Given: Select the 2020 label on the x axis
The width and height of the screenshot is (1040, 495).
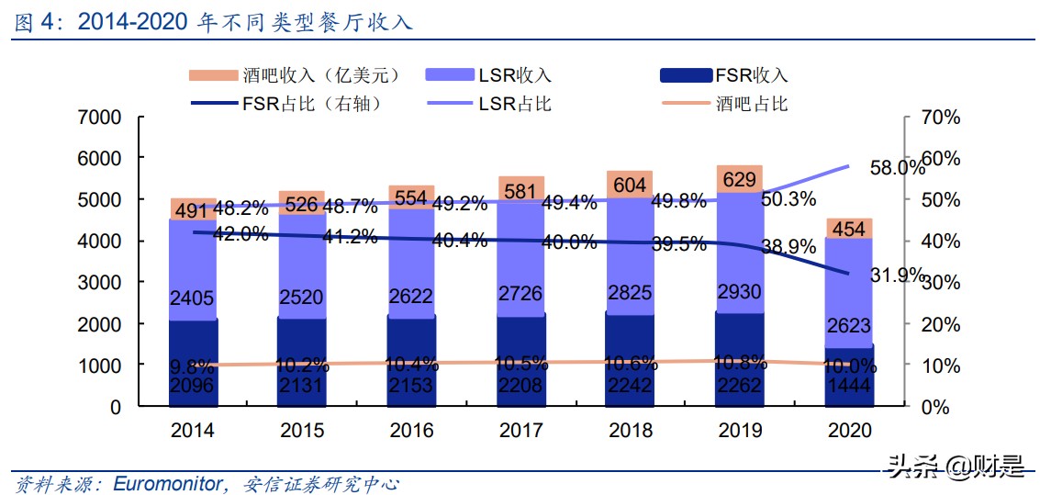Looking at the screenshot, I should [849, 430].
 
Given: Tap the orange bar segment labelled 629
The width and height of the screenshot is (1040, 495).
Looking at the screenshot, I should [740, 178].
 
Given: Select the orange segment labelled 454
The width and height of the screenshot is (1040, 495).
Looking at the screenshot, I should [849, 229].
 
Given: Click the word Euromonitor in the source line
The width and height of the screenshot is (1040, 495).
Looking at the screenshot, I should [164, 483].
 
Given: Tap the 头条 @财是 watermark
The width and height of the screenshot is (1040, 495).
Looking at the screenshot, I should [955, 468].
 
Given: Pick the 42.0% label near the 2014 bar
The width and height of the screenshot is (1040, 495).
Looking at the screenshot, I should [240, 233].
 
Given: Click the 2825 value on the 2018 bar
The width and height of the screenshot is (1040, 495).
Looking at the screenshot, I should [631, 293].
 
